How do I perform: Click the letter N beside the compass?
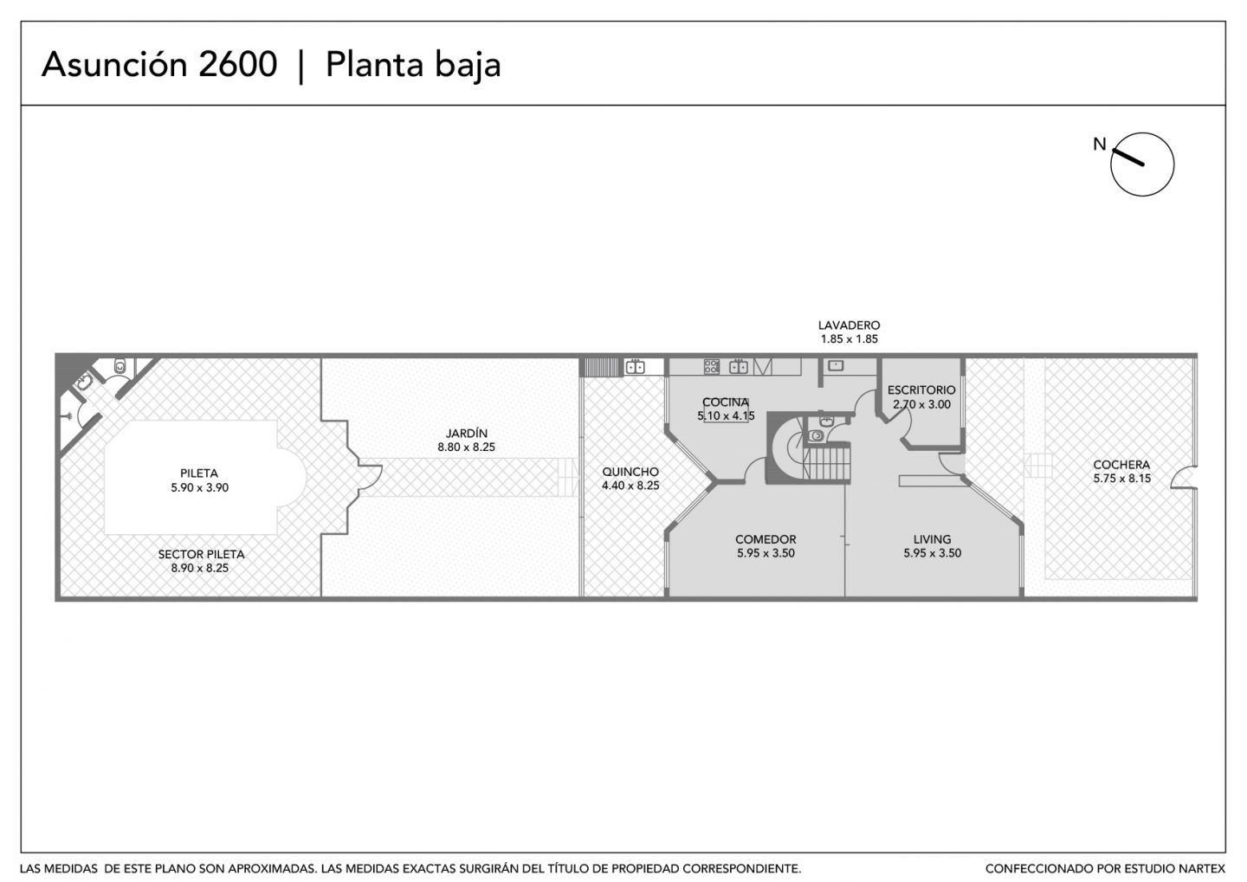click(x=1099, y=145)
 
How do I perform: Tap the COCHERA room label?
click(x=1121, y=465)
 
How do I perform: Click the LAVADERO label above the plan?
click(x=849, y=325)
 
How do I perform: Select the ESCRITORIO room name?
click(x=921, y=390)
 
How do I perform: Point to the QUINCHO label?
click(x=630, y=472)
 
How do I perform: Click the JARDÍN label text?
click(x=467, y=433)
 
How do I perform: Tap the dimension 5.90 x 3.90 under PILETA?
click(x=199, y=487)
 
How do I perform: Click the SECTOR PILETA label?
click(x=201, y=554)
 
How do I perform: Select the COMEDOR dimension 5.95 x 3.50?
click(x=766, y=553)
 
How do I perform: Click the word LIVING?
click(x=932, y=539)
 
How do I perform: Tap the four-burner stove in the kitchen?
click(x=712, y=366)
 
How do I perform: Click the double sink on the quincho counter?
click(x=635, y=367)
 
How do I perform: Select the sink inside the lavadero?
click(x=836, y=365)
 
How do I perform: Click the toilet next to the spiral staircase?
click(x=816, y=435)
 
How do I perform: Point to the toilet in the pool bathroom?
click(x=120, y=366)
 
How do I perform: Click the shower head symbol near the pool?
click(x=68, y=415)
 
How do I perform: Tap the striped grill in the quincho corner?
click(x=601, y=367)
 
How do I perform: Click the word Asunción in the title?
click(x=114, y=65)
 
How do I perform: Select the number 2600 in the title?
click(x=237, y=65)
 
